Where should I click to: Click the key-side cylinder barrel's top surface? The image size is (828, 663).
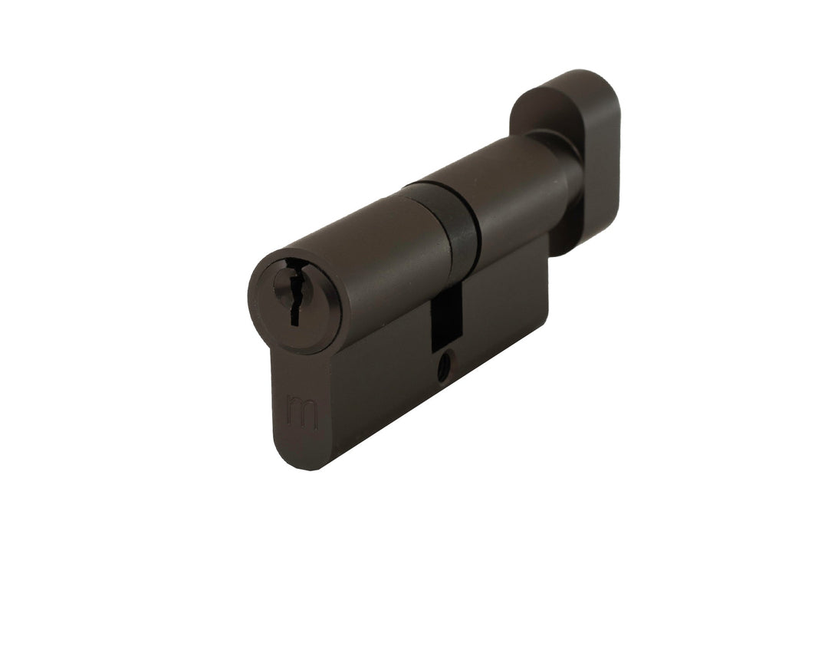click(360, 230)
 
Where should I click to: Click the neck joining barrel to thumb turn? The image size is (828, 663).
click(563, 165)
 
